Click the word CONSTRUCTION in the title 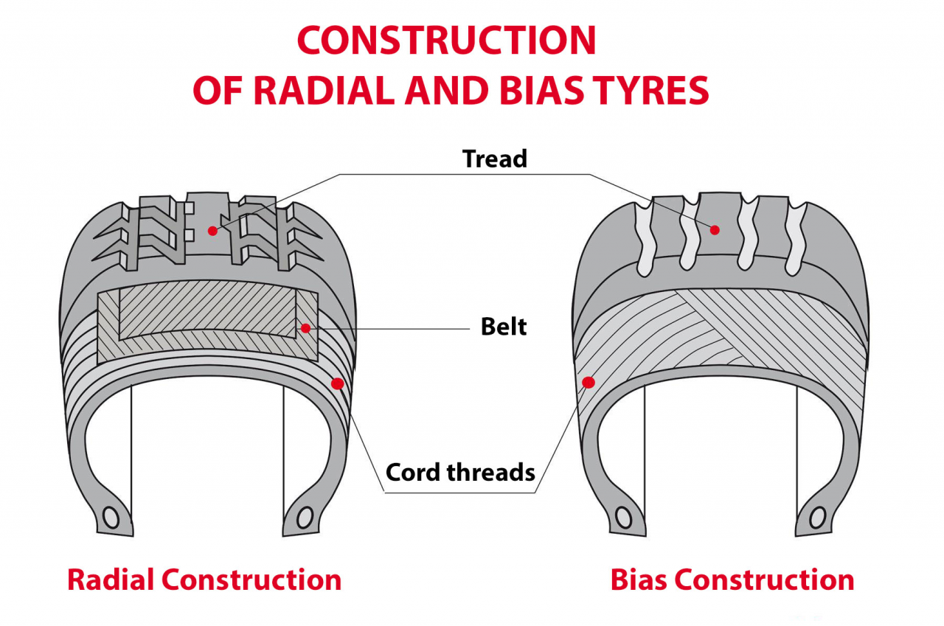[x=446, y=41]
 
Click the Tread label [x=495, y=159]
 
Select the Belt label [x=504, y=327]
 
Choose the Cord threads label [x=460, y=472]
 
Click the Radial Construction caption [x=204, y=580]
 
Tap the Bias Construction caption [x=732, y=580]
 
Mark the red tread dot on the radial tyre [x=212, y=231]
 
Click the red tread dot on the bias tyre [x=714, y=230]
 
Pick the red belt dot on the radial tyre [x=305, y=327]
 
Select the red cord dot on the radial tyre [x=338, y=383]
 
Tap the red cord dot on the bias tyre [x=589, y=382]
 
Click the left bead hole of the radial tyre [x=111, y=518]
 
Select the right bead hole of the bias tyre [x=818, y=518]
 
